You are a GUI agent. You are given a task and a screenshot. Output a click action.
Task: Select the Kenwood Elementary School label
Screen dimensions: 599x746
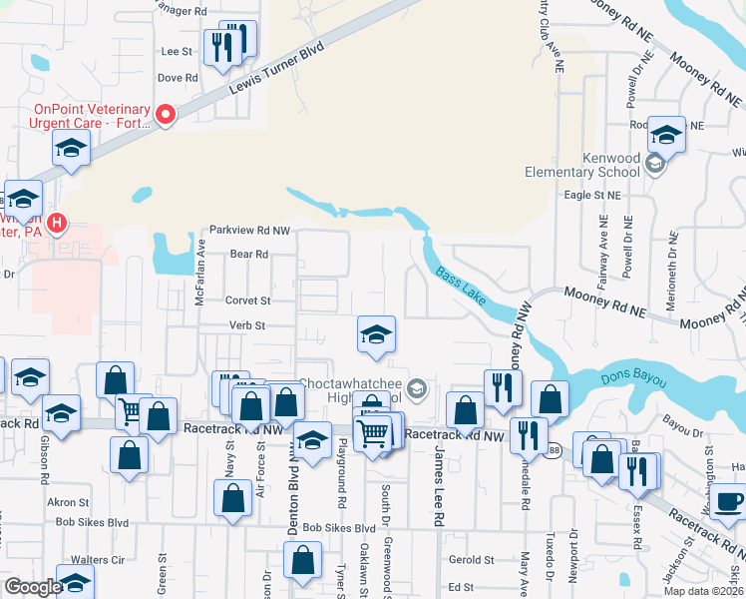click(x=582, y=165)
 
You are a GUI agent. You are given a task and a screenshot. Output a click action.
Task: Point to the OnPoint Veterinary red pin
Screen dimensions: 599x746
click(x=165, y=115)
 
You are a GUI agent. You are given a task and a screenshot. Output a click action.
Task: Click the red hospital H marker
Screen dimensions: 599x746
click(x=57, y=222)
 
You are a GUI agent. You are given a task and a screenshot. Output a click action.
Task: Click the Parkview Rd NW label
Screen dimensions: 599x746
click(x=248, y=230)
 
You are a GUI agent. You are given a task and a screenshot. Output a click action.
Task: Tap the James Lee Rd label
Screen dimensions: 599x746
click(x=438, y=486)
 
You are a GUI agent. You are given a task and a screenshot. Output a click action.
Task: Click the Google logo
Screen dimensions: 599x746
click(x=33, y=587)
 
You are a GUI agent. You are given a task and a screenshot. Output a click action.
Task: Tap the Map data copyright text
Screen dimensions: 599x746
click(x=701, y=591)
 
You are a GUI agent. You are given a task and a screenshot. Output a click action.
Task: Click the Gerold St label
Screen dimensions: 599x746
click(x=471, y=561)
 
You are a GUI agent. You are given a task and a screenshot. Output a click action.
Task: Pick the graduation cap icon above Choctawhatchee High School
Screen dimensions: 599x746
click(x=377, y=334)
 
